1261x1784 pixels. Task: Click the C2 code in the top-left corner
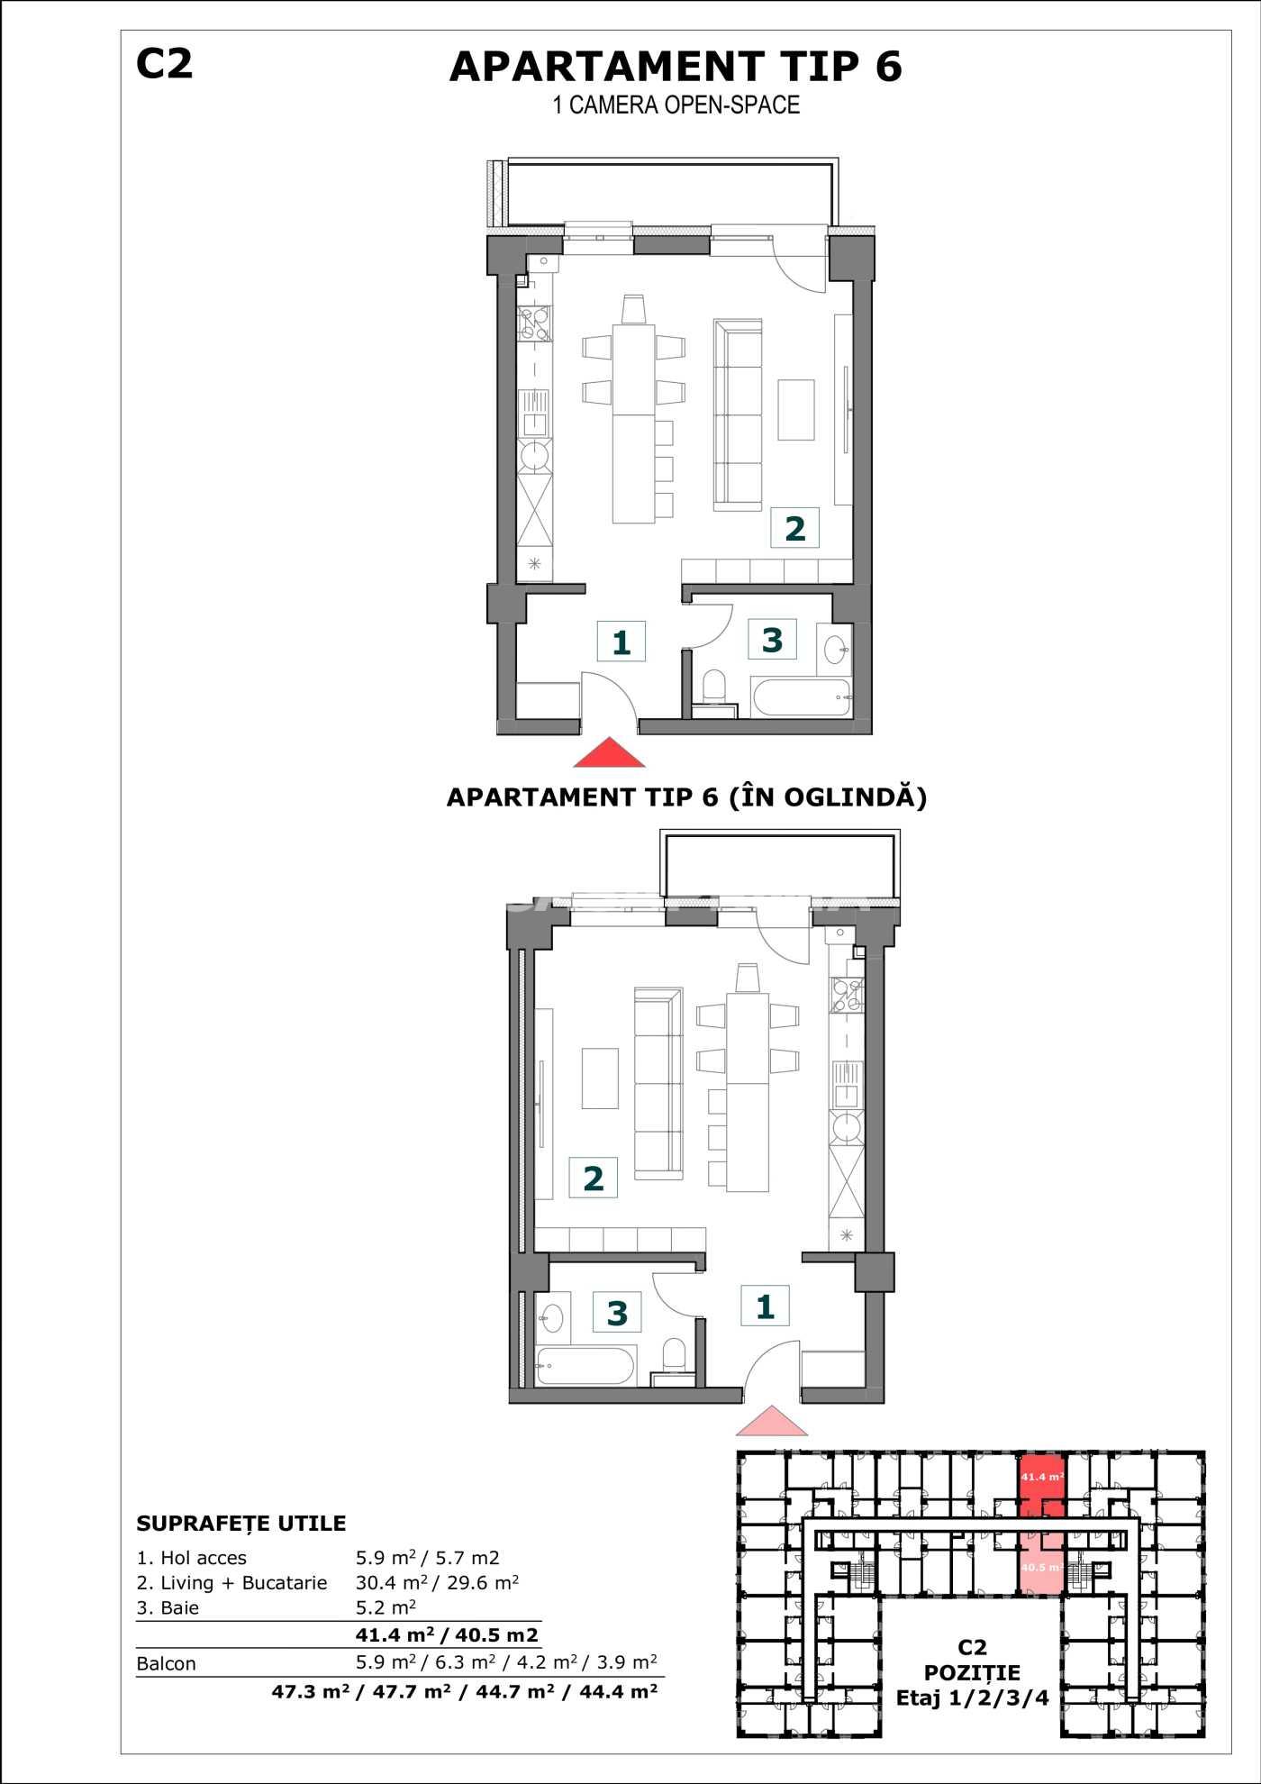(164, 64)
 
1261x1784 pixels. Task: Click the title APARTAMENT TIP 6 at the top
(676, 67)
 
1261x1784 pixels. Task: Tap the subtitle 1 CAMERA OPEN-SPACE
(676, 105)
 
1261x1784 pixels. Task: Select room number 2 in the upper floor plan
(794, 529)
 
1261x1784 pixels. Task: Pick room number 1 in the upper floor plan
(621, 642)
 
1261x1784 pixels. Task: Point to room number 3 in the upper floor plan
(772, 640)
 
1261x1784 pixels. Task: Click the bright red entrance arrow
(610, 752)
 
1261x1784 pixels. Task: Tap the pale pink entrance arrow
(772, 1421)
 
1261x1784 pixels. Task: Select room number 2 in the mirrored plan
(593, 1179)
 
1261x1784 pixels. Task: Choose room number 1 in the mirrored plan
(765, 1306)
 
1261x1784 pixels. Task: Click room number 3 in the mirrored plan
(617, 1313)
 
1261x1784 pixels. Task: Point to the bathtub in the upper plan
(801, 698)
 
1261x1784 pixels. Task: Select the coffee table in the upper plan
(796, 409)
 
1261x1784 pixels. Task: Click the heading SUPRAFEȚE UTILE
(241, 1524)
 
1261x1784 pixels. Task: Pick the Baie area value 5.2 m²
(386, 1607)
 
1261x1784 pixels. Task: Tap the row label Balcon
(166, 1663)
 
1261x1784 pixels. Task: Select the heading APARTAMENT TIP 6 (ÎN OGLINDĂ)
(687, 797)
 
